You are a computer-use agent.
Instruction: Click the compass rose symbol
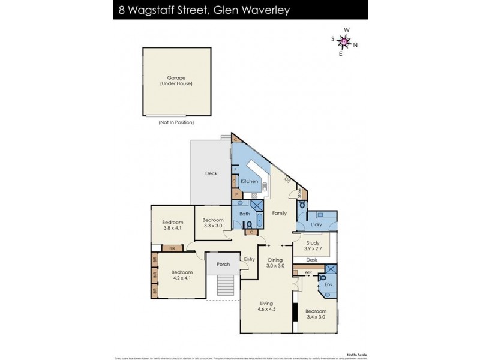[344, 41]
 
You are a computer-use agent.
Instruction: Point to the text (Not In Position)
[176, 122]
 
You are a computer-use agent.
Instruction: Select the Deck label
[211, 173]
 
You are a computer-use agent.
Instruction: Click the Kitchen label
[250, 181]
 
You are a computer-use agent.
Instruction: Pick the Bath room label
[244, 214]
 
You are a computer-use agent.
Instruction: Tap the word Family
[279, 213]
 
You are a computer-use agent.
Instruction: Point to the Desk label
[311, 260]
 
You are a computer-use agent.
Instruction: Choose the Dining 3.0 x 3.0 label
[275, 262]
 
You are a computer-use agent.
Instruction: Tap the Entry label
[250, 259]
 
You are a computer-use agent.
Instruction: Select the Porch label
[223, 264]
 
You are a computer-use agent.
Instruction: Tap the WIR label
[308, 273]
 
